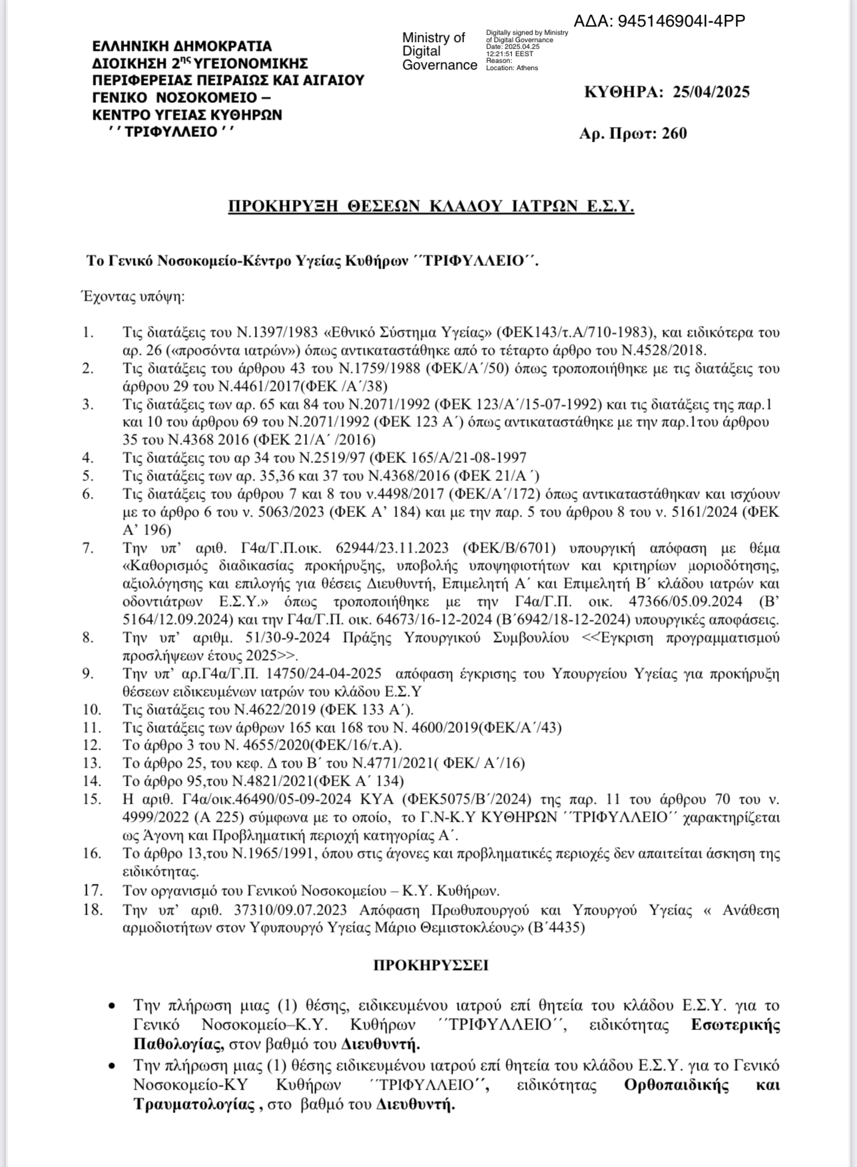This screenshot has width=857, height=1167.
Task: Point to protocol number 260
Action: point(674,134)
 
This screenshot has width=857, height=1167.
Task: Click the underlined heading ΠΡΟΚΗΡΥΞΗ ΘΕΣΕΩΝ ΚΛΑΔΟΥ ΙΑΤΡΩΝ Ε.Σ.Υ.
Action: point(431,206)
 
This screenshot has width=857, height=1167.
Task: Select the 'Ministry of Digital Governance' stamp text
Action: point(439,51)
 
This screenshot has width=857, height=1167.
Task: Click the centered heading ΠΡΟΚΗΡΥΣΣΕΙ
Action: point(431,965)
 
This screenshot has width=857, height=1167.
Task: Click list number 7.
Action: point(87,548)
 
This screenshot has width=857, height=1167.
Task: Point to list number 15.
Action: point(91,799)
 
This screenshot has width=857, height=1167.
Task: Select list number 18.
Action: point(91,909)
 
